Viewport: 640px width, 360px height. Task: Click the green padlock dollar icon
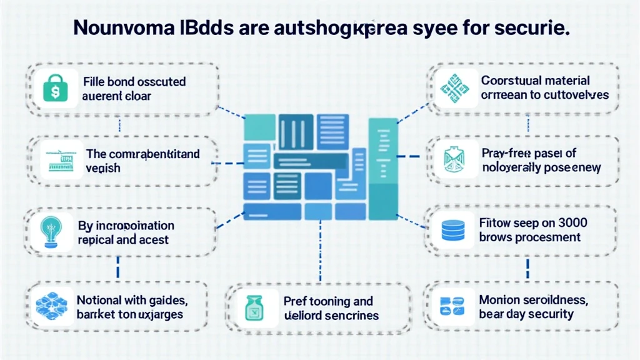pos(54,89)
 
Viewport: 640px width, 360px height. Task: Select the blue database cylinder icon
pos(451,230)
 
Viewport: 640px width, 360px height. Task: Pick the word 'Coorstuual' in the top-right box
pos(512,81)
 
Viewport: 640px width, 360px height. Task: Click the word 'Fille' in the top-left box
pos(94,82)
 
